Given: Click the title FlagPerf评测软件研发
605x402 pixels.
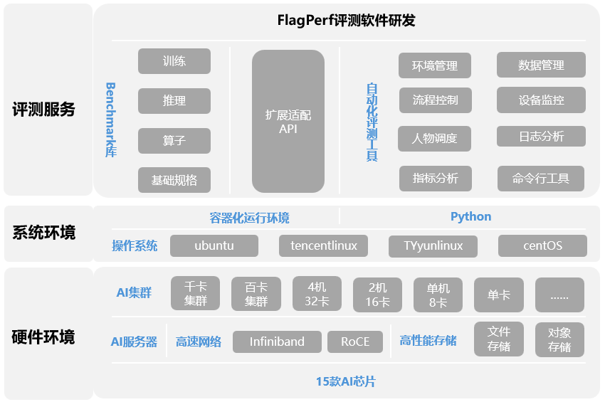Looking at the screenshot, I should tap(346, 20).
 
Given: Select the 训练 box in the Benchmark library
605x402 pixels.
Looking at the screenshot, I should tap(174, 61).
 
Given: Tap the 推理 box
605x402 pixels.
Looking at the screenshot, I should tap(174, 101).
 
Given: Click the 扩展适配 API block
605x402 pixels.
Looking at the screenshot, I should tap(288, 122).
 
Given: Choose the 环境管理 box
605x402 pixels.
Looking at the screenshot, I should tap(435, 65).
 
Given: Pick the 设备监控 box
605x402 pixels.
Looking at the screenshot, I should tap(541, 100).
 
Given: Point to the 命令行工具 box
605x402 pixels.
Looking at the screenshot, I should tap(541, 179).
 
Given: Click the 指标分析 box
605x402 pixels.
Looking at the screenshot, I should tap(435, 179).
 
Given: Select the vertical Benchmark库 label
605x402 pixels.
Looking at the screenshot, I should tap(110, 120).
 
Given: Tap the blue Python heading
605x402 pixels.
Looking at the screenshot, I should tap(470, 216).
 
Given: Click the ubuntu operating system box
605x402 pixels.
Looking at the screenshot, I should tap(214, 245).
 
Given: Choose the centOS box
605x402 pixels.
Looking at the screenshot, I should tap(542, 245).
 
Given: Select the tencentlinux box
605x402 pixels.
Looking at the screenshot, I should tap(323, 245).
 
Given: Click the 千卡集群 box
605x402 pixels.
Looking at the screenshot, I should tap(196, 295).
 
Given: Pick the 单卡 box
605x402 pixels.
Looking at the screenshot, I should tap(499, 295).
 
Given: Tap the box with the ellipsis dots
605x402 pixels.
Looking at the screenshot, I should tap(559, 295).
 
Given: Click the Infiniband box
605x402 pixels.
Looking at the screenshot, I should tap(277, 342).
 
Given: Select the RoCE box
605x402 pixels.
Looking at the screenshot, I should tap(355, 342).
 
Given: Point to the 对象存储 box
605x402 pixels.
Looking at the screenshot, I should tap(559, 339).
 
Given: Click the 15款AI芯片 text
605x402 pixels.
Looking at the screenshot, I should tap(346, 382).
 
